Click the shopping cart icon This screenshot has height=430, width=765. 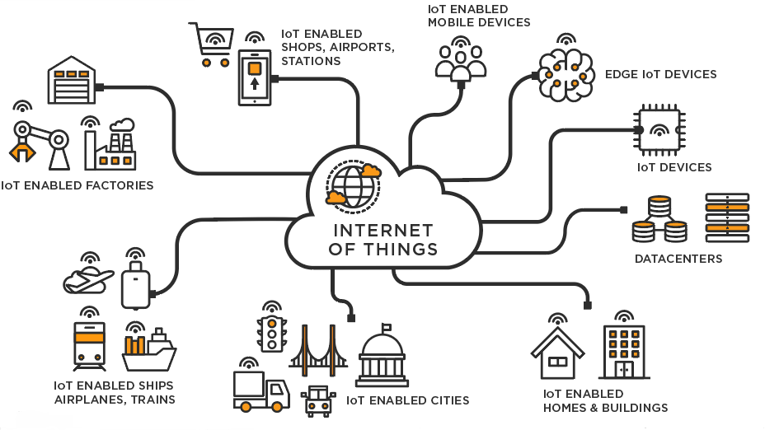[211, 45]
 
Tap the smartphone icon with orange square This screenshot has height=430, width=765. [255, 76]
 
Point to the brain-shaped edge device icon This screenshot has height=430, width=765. [566, 76]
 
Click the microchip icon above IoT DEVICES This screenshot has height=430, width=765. [660, 129]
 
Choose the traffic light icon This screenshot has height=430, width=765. [271, 333]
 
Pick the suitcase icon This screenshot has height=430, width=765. [135, 285]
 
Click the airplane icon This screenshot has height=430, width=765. [87, 279]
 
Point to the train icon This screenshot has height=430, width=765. [89, 345]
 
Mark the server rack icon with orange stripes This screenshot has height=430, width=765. [727, 217]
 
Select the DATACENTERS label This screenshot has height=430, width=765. [678, 259]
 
